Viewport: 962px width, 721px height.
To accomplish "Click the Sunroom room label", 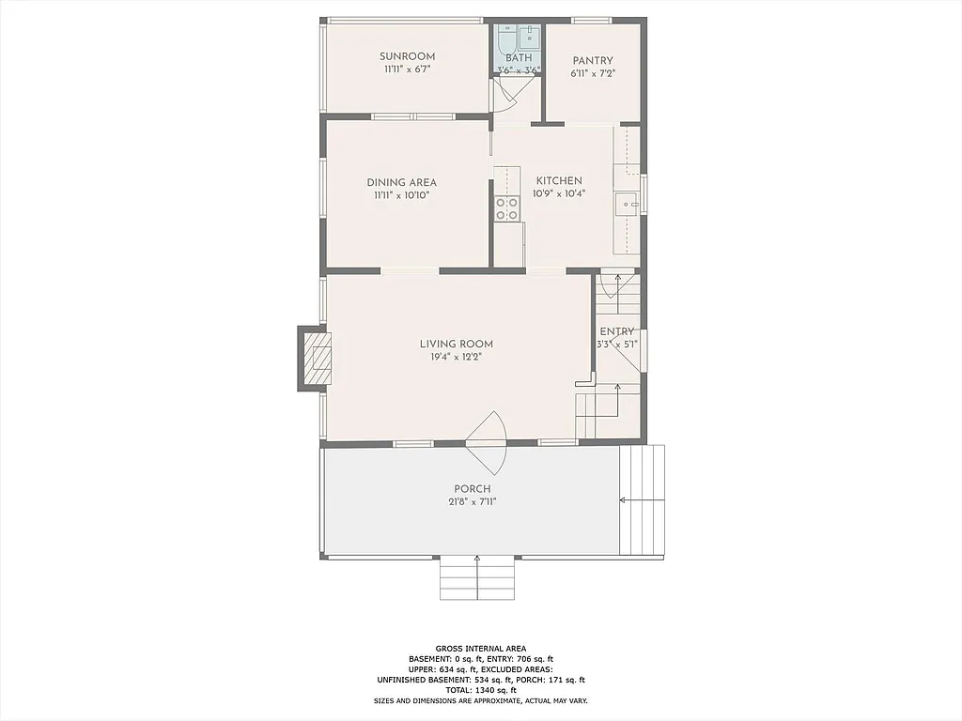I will tap(407, 56).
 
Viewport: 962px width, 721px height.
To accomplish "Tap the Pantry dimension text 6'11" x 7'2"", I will tap(593, 73).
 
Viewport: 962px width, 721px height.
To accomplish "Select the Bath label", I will tap(519, 58).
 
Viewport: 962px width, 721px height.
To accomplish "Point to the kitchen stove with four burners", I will tap(507, 208).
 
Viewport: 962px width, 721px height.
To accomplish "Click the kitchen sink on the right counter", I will tap(626, 204).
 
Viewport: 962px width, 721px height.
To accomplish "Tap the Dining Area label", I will tap(401, 183).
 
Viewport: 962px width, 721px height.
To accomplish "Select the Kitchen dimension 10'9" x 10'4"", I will tap(559, 194).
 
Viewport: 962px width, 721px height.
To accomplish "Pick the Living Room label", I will tap(457, 344).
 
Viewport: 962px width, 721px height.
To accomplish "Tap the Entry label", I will tap(617, 331).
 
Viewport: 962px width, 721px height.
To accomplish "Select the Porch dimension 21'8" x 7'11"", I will tap(473, 502).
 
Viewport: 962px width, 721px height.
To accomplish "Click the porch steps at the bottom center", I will tap(478, 577).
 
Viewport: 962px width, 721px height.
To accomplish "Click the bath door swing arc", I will tap(506, 95).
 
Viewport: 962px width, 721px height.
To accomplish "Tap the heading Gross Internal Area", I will tap(480, 648).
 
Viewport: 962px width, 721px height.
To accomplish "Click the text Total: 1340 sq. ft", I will tap(480, 690).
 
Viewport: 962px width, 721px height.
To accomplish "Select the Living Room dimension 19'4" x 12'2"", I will tap(457, 357).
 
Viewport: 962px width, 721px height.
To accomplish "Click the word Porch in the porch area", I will tap(473, 489).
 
